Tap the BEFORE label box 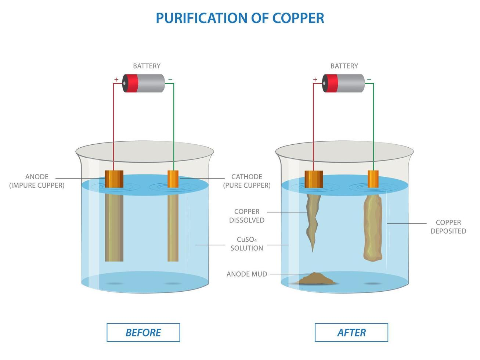point(143,332)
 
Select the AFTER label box point(351,332)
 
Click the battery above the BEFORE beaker point(144,83)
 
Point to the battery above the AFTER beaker point(343,83)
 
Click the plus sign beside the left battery point(116,79)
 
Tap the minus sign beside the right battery point(369,79)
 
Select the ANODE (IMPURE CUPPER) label point(37,181)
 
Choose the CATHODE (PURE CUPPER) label point(247,181)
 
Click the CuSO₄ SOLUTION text point(247,244)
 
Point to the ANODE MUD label point(247,274)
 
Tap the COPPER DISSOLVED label point(247,216)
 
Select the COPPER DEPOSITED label point(448,227)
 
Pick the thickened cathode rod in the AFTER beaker point(373,228)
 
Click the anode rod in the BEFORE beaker point(114,228)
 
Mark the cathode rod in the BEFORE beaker point(173,228)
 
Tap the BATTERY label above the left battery point(147,66)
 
